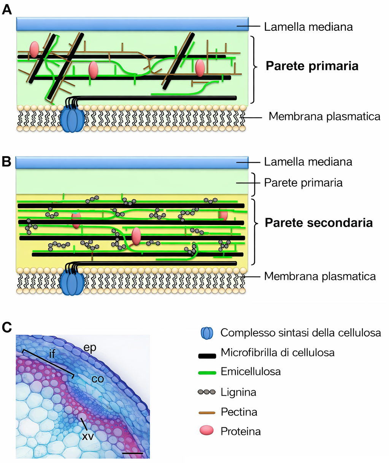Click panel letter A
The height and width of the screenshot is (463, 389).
pos(7,10)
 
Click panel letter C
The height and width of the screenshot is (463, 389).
pos(7,327)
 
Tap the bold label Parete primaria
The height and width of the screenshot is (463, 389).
pos(312,66)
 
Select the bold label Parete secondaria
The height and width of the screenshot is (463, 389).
pos(319,223)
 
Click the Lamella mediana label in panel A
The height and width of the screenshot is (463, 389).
pos(308,27)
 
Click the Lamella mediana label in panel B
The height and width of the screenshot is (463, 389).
pos(308,162)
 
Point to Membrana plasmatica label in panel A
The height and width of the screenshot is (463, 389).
pos(324,116)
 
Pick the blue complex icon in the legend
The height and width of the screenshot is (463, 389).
pos(207,333)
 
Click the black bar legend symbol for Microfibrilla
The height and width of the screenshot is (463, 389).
pos(207,356)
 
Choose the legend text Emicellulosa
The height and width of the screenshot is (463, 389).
pos(251,371)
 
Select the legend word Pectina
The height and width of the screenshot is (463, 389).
pos(239,412)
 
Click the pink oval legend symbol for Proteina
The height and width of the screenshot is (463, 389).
pos(207,431)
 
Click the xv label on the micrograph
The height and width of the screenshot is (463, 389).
pos(89,436)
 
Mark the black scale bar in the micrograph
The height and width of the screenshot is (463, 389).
pos(133,453)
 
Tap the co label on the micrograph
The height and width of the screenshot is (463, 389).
pos(98,379)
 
